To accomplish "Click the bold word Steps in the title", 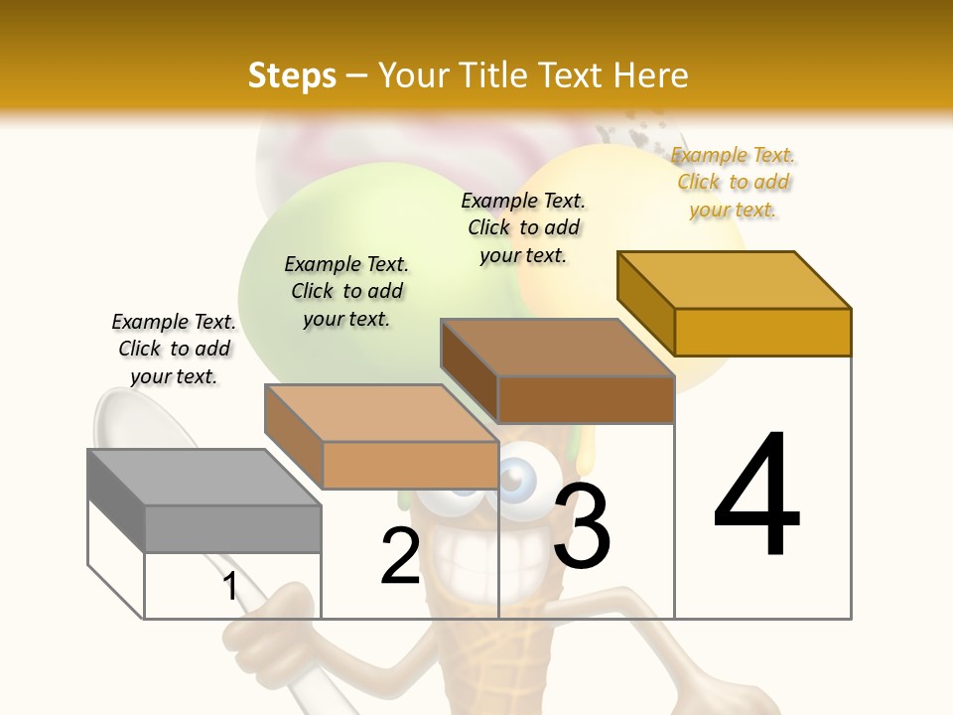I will click(x=292, y=75).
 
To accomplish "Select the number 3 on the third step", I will click(x=582, y=526).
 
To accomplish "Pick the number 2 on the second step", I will click(x=400, y=556).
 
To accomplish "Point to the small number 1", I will click(x=230, y=586).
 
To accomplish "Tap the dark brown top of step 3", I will click(x=556, y=348).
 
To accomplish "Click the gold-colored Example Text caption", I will click(x=734, y=182).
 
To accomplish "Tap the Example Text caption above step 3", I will click(x=523, y=227).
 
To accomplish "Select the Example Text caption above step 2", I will click(x=346, y=291).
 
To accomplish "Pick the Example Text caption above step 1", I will click(x=174, y=349).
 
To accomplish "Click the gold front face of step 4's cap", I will click(x=762, y=332).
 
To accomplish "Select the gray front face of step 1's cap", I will click(x=232, y=528).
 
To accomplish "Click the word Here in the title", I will click(x=651, y=75).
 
